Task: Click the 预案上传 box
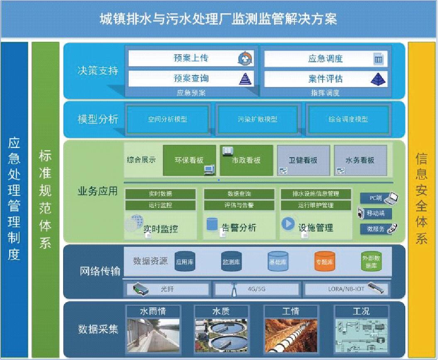[191, 58]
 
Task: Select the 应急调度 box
[325, 59]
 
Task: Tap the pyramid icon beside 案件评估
[378, 78]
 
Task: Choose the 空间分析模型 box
[167, 119]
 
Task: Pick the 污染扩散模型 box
[257, 119]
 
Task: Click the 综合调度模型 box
[348, 119]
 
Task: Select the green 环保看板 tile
[189, 160]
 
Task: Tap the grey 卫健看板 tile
[303, 160]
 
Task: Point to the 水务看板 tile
[360, 160]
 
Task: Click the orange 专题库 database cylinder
[324, 262]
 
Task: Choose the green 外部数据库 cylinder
[371, 262]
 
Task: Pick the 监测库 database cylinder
[231, 262]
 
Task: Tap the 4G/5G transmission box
[256, 289]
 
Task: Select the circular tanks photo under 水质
[221, 335]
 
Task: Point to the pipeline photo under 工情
[290, 335]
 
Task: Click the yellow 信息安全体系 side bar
[422, 199]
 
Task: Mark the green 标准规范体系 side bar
[45, 199]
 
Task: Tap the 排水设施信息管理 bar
[316, 194]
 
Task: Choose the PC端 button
[376, 198]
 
